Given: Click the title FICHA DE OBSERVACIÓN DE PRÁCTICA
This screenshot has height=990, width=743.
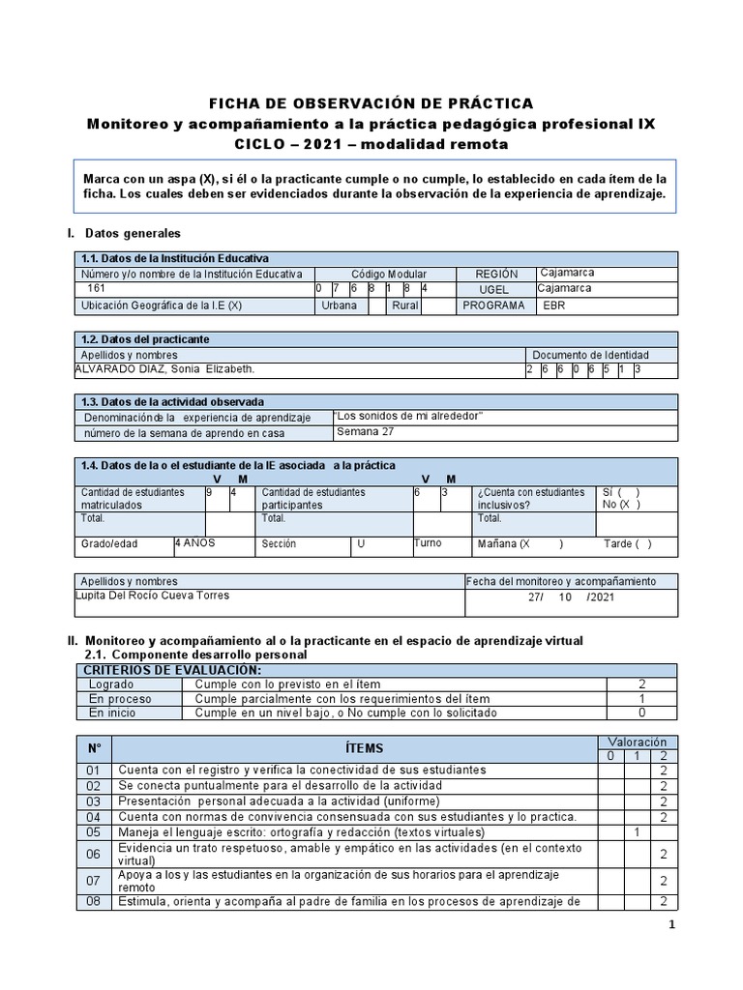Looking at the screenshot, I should [371, 103].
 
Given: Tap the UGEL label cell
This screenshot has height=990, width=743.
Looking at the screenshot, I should [493, 289].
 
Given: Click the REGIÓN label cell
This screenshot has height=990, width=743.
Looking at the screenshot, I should [496, 275].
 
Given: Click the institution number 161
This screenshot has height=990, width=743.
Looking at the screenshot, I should [98, 289].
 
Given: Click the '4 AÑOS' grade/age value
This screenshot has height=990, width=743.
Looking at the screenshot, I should [194, 543].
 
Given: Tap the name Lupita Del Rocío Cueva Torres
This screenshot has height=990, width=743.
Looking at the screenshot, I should [152, 595].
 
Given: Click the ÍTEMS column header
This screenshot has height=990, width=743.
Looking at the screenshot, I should [364, 748].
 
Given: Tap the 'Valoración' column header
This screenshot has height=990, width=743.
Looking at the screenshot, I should [637, 742].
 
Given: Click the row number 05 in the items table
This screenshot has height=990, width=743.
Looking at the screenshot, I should [94, 831].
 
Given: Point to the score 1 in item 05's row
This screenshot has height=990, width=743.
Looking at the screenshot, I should [637, 831].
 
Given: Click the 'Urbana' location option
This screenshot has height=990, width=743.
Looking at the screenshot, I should [339, 306].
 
